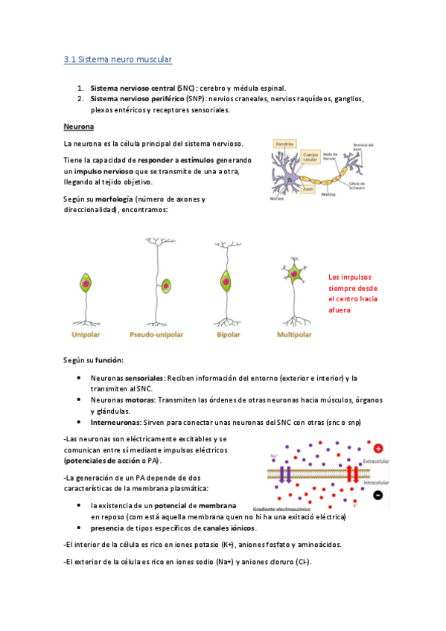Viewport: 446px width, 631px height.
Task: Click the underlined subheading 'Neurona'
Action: pos(78,126)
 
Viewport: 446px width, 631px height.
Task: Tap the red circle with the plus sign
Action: pos(379,449)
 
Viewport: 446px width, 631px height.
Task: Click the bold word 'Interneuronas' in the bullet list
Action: pos(112,422)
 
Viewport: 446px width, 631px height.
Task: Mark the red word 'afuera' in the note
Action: pos(341,310)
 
